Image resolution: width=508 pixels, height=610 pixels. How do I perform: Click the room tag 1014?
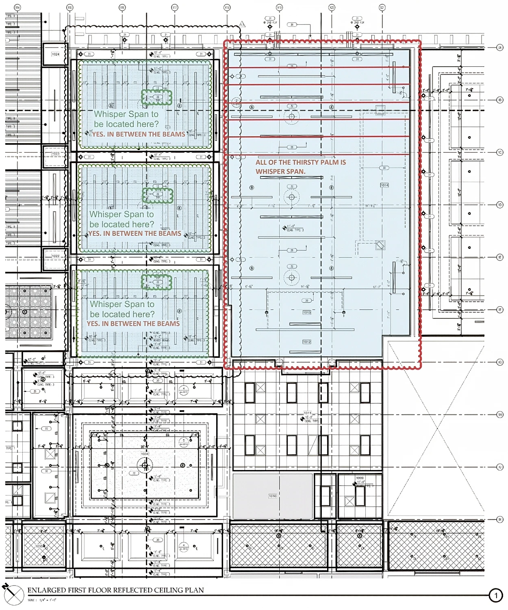pyautogui.click(x=384, y=185)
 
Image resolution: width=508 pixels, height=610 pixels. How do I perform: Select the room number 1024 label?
pyautogui.click(x=55, y=54)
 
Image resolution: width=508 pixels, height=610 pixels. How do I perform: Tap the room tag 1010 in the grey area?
pyautogui.click(x=272, y=496)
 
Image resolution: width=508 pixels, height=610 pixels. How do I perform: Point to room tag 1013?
pyautogui.click(x=307, y=312)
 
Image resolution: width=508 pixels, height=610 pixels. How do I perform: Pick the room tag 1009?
pyautogui.click(x=360, y=478)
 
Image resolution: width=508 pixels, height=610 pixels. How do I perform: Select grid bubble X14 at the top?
pyautogui.click(x=17, y=7)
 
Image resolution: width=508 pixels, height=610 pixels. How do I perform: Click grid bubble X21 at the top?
pyautogui.click(x=382, y=7)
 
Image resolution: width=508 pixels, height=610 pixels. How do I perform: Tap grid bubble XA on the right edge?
pyautogui.click(x=500, y=48)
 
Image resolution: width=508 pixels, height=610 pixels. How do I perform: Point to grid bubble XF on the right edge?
pyautogui.click(x=500, y=310)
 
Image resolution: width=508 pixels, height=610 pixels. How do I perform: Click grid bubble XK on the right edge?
pyautogui.click(x=500, y=519)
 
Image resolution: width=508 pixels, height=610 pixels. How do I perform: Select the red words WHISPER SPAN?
pyautogui.click(x=280, y=172)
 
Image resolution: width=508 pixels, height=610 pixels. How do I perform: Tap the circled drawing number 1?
pyautogui.click(x=495, y=596)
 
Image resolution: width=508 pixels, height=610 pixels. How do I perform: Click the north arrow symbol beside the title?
pyautogui.click(x=13, y=594)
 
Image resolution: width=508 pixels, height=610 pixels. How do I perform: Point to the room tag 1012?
pyautogui.click(x=307, y=342)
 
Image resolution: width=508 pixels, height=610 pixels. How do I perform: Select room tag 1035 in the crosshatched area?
pyautogui.click(x=39, y=546)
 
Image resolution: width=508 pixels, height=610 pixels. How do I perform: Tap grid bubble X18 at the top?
pyautogui.click(x=227, y=7)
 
